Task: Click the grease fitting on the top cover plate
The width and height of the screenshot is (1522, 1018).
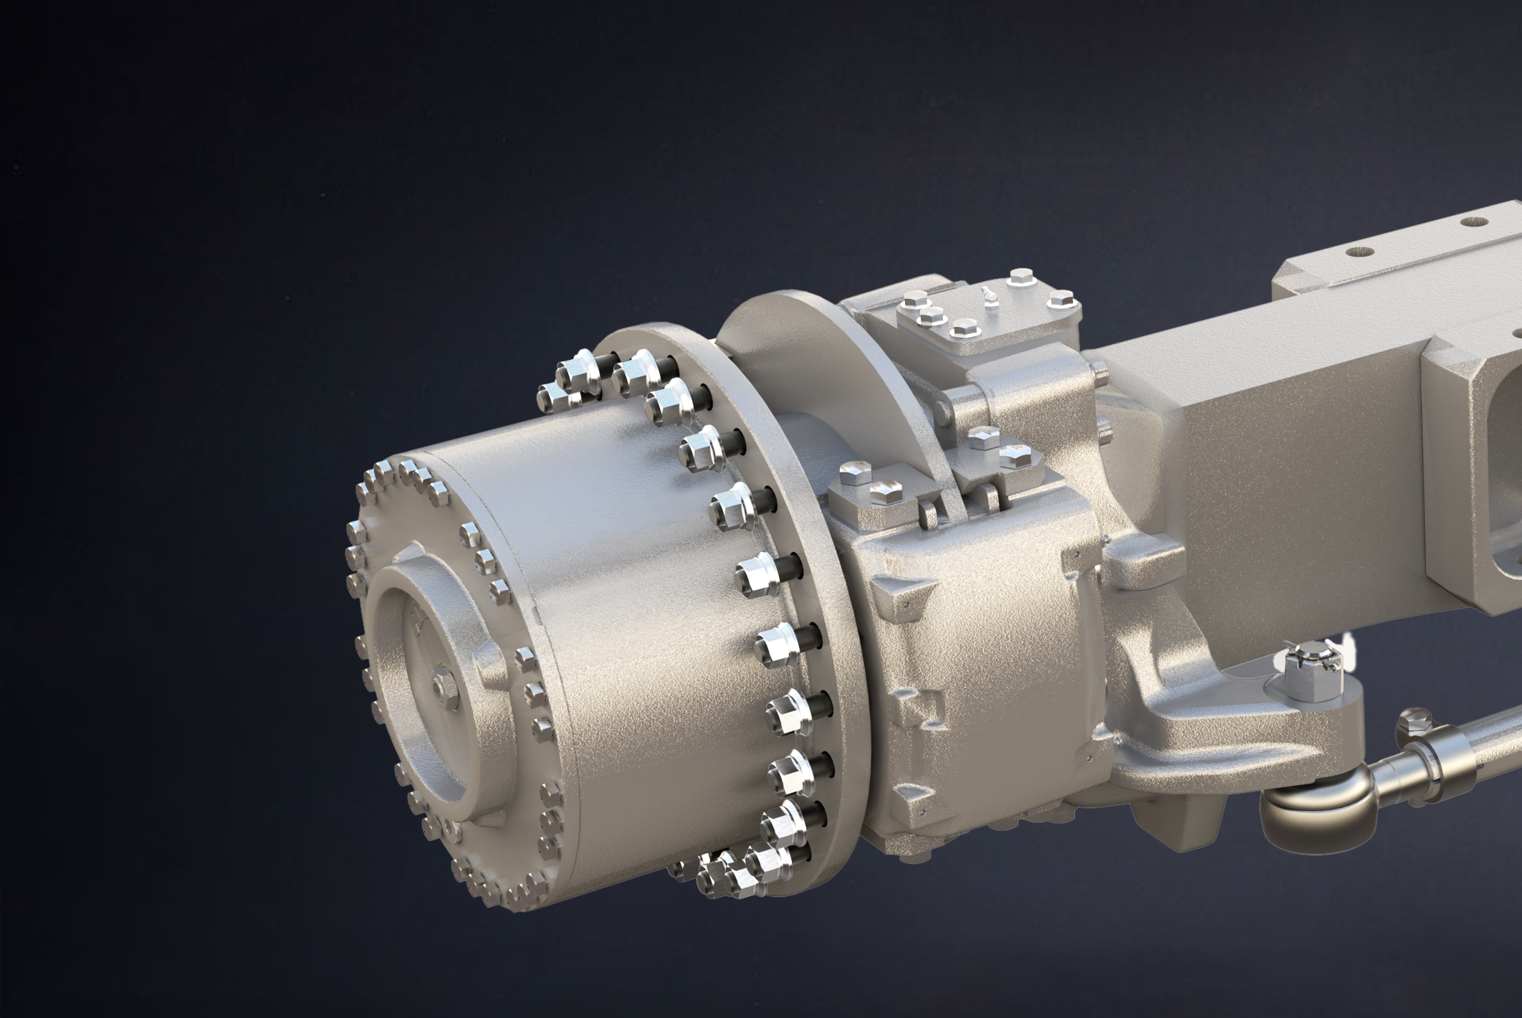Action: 989,294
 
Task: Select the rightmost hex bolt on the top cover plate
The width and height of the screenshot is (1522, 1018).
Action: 1060,299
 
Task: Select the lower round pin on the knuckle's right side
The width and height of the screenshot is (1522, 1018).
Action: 1104,429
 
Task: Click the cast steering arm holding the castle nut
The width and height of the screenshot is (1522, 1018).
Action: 1218,724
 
